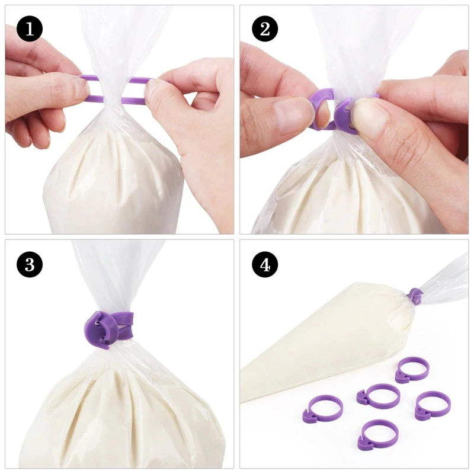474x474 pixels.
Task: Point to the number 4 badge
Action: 265,265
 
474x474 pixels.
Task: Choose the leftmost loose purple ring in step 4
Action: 322,409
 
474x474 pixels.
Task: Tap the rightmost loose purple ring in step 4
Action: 432,404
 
